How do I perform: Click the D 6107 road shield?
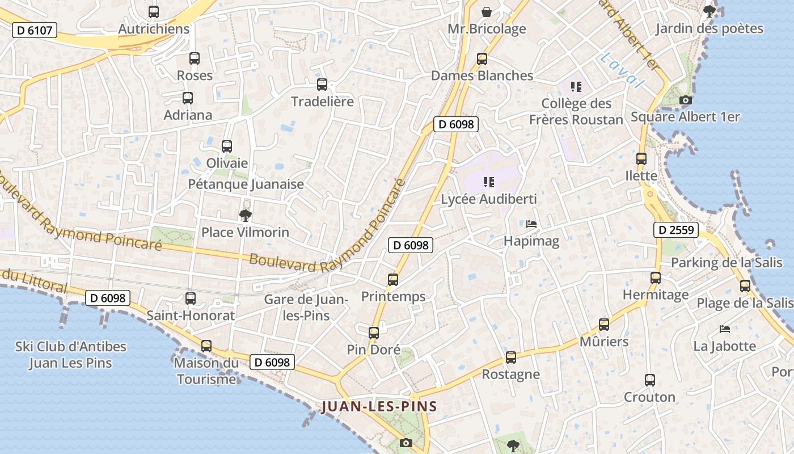coord(35,30)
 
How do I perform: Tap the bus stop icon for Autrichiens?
coord(153,11)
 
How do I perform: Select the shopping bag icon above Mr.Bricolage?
coord(487,11)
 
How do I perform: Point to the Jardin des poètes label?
coord(709,28)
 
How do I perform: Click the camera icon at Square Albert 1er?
coord(685,100)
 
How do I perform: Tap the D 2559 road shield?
coord(675,230)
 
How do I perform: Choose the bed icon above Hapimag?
coord(531,224)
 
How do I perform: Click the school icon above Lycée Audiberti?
coord(488,182)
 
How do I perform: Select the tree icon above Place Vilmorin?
coord(246,215)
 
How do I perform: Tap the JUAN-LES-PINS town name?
coord(379,406)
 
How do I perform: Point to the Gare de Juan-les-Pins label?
coord(306,307)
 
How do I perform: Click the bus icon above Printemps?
coord(393,279)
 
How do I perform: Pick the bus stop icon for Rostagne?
coord(511,358)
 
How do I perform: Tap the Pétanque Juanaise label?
coord(246,184)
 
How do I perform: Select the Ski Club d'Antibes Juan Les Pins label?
coord(71,355)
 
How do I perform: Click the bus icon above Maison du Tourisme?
coord(206,346)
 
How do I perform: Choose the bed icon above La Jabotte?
coord(725,329)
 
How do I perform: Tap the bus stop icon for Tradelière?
coord(322,85)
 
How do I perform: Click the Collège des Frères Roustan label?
coord(576,111)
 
